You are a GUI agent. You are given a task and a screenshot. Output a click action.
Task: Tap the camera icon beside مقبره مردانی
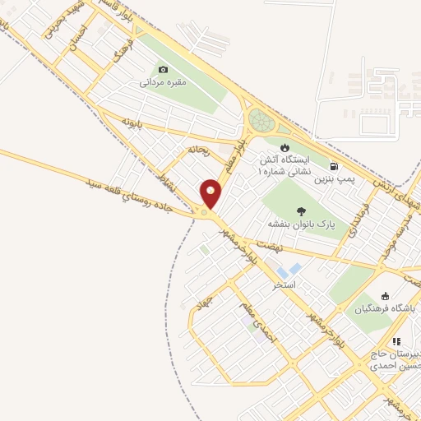(163, 70)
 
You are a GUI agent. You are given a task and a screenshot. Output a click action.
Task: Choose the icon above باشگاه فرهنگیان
(386, 296)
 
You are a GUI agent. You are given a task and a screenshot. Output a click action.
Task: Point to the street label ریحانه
(200, 150)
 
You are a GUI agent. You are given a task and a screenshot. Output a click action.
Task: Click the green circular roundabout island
(261, 122)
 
